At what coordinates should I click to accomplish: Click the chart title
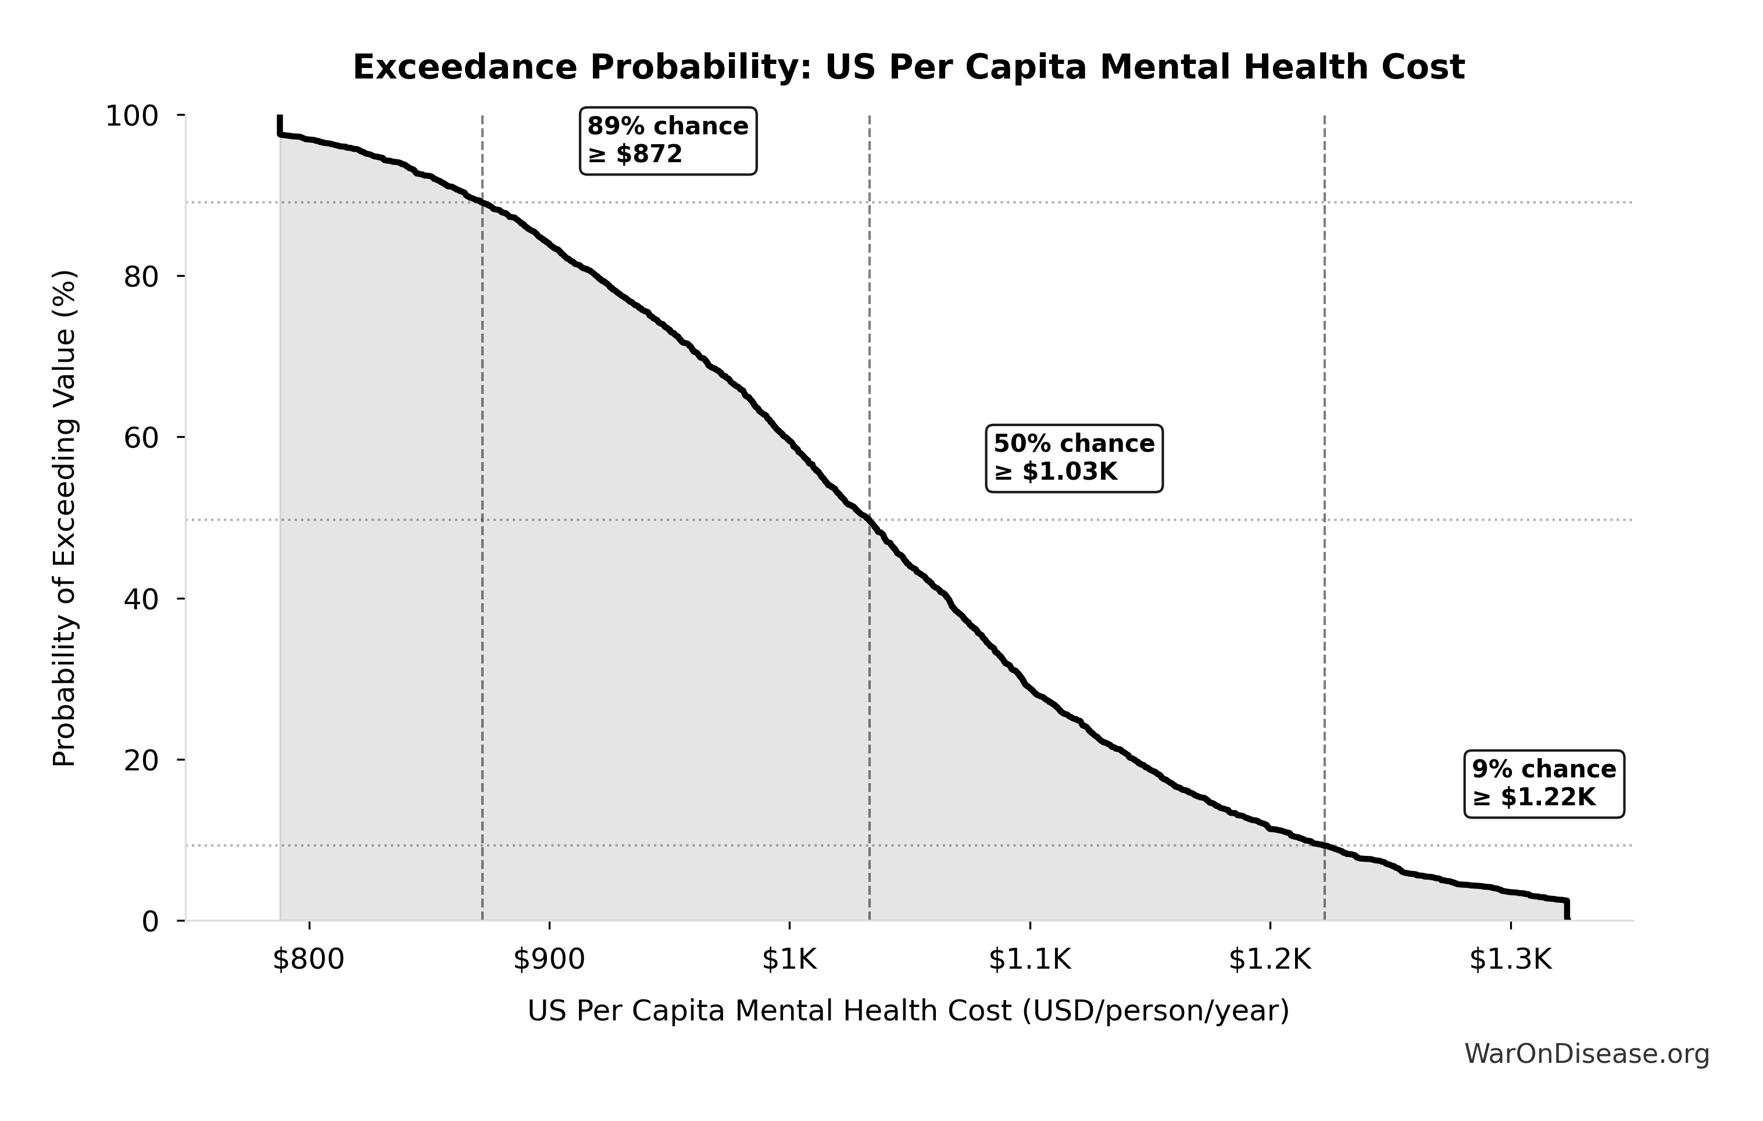pyautogui.click(x=909, y=67)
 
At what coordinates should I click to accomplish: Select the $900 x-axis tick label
pyautogui.click(x=549, y=960)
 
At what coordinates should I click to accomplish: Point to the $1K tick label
pyautogui.click(x=789, y=960)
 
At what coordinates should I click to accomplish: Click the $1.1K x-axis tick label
pyautogui.click(x=1029, y=960)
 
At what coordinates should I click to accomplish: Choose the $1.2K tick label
pyautogui.click(x=1269, y=960)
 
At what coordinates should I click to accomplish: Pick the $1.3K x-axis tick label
pyautogui.click(x=1510, y=960)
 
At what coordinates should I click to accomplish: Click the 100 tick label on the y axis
pyautogui.click(x=132, y=116)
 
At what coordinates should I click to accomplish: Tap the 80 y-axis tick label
pyautogui.click(x=141, y=277)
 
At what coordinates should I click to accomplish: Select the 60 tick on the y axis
pyautogui.click(x=141, y=438)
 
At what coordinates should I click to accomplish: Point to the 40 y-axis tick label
pyautogui.click(x=141, y=599)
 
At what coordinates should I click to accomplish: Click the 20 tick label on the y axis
pyautogui.click(x=141, y=760)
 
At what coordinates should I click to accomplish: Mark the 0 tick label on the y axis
pyautogui.click(x=150, y=921)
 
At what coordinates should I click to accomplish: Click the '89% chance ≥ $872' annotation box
pyautogui.click(x=668, y=141)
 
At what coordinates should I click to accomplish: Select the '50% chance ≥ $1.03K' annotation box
pyautogui.click(x=1074, y=458)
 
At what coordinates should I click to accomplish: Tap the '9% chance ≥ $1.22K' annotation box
pyautogui.click(x=1543, y=783)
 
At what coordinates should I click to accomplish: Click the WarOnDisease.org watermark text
pyautogui.click(x=1586, y=1054)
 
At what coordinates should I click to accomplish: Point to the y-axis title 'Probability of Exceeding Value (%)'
pyautogui.click(x=65, y=519)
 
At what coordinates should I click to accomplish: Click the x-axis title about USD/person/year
pyautogui.click(x=908, y=1011)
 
